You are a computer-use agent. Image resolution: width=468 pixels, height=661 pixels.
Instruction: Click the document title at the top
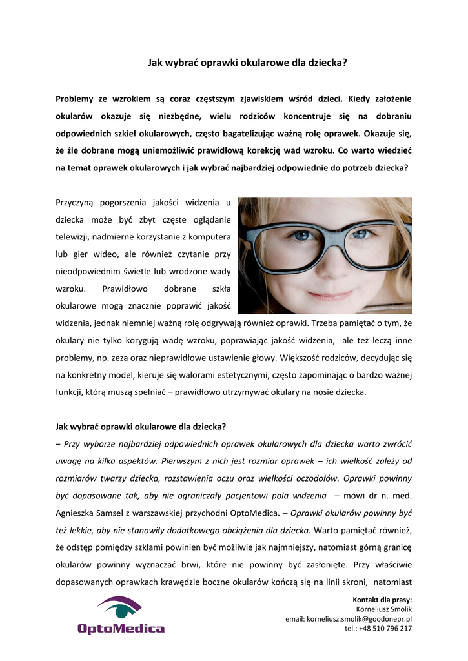point(248,63)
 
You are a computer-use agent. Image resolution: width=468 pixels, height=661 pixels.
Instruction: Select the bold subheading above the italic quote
point(141,427)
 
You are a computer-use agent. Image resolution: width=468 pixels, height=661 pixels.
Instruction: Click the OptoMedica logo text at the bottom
point(121,628)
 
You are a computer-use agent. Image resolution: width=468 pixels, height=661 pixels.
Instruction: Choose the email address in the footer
point(349,619)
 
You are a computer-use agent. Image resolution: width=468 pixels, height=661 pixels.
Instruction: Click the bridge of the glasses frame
point(331,229)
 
